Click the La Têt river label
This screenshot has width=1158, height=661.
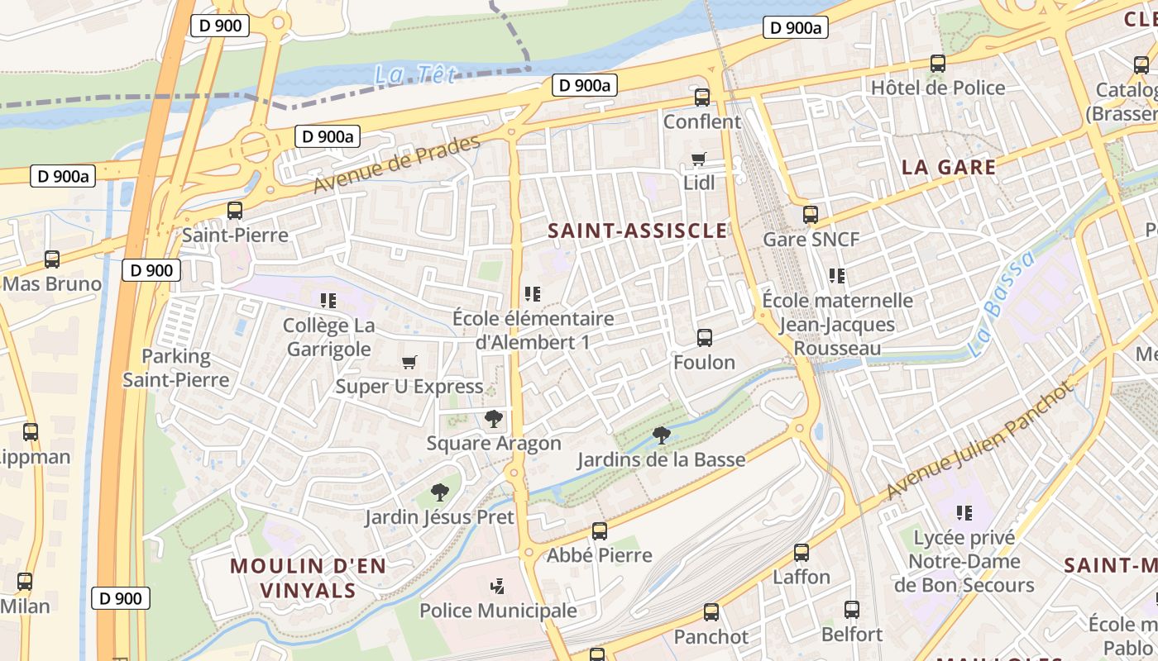point(415,74)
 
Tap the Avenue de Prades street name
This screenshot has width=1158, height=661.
point(396,165)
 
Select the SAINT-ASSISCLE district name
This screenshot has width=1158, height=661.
point(638,231)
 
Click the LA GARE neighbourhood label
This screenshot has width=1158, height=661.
point(949,167)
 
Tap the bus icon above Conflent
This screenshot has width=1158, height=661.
point(702,97)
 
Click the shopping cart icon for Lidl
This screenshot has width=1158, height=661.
point(699,159)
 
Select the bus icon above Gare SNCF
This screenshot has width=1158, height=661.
point(811,215)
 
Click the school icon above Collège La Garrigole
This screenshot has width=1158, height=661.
point(328,301)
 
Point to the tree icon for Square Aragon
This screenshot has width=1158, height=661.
point(494,419)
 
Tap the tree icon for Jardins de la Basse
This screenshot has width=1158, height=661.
point(661,435)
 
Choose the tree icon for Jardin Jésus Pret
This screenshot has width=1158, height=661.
point(440,493)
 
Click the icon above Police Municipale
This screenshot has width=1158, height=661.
point(497,587)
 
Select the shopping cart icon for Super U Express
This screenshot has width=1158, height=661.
point(409,363)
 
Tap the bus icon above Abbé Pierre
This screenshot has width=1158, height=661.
point(600,531)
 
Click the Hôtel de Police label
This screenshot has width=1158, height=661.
point(938,88)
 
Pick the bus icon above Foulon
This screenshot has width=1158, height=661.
point(705,338)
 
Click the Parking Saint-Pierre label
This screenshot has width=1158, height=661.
point(176,369)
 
